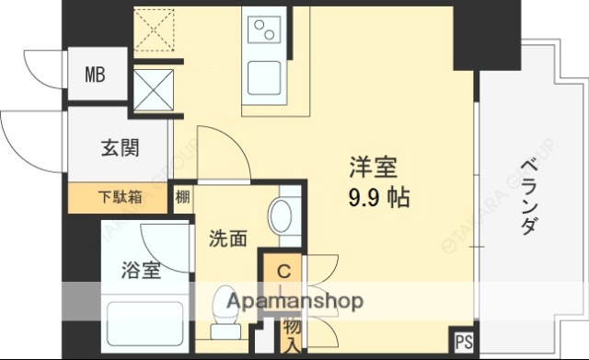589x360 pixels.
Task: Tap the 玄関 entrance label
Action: pos(120,147)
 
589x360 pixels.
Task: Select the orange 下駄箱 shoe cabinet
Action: pos(120,195)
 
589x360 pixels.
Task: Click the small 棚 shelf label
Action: pos(183,196)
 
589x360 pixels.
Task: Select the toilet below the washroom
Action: pos(224,318)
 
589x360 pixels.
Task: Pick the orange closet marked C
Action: pos(283,273)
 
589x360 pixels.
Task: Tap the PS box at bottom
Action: pos(463,343)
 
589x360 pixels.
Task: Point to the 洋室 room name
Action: pos(373,167)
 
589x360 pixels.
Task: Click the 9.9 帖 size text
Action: pos(378,196)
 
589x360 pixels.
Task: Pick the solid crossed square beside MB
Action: pos(153,88)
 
